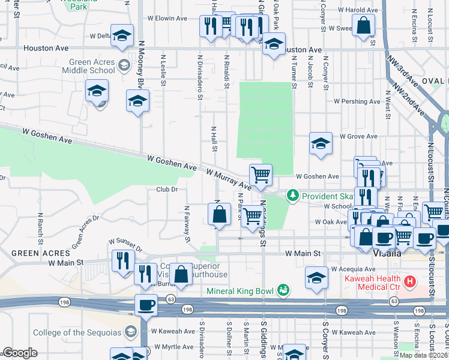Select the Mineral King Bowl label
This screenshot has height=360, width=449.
(x=240, y=292)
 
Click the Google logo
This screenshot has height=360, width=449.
(x=20, y=352)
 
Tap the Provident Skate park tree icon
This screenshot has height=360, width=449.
(x=293, y=196)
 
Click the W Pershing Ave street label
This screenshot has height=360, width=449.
(x=357, y=101)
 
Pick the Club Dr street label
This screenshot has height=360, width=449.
(x=167, y=190)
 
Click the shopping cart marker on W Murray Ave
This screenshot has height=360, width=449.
(x=261, y=175)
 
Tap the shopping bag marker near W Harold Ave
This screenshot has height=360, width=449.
(x=364, y=26)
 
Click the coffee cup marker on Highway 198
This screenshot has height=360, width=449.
(x=146, y=305)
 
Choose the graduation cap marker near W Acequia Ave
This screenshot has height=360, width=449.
(x=316, y=278)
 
